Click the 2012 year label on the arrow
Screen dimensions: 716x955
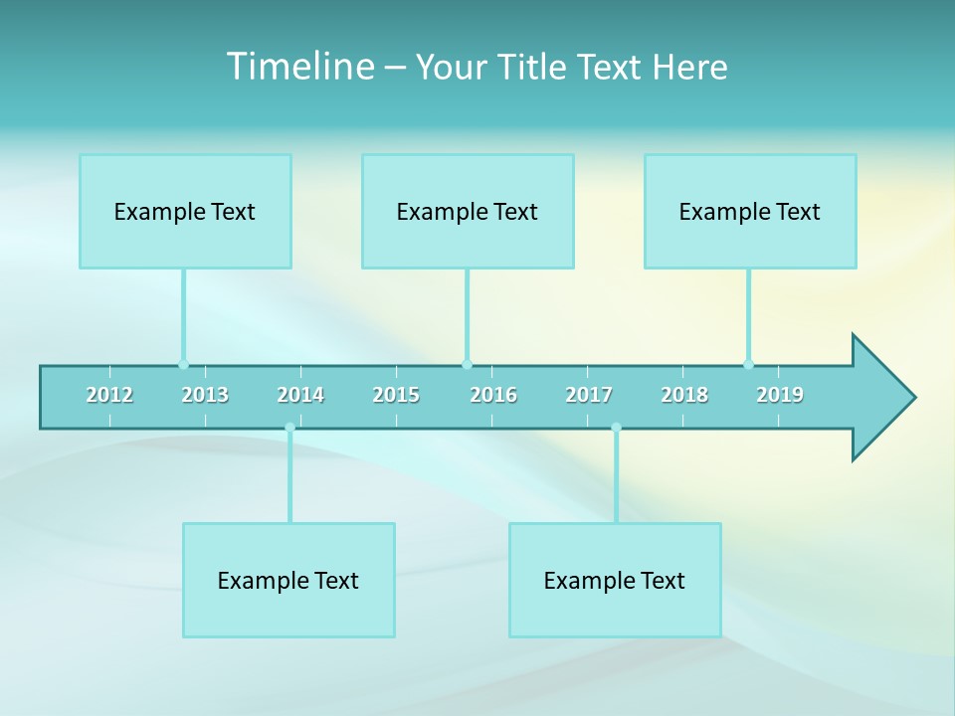[109, 395]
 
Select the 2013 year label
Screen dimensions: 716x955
[205, 395]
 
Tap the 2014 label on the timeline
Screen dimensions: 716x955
[300, 395]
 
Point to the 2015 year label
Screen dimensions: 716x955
[396, 395]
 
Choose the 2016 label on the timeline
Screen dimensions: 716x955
[493, 395]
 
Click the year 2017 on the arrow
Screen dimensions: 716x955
[589, 395]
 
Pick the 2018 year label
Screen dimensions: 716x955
[684, 395]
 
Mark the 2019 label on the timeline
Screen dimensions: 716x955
[780, 395]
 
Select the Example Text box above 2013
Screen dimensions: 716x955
[185, 211]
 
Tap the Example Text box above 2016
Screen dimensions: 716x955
[468, 211]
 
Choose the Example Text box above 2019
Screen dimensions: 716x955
[750, 211]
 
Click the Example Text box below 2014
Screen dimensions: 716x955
[288, 580]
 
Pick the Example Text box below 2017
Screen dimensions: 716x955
[615, 580]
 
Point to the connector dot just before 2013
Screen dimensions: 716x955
[183, 364]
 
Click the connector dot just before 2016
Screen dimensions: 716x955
[467, 364]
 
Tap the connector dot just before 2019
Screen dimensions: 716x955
[748, 364]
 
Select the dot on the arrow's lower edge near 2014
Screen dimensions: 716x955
[289, 428]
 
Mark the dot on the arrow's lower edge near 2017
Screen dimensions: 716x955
[616, 428]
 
